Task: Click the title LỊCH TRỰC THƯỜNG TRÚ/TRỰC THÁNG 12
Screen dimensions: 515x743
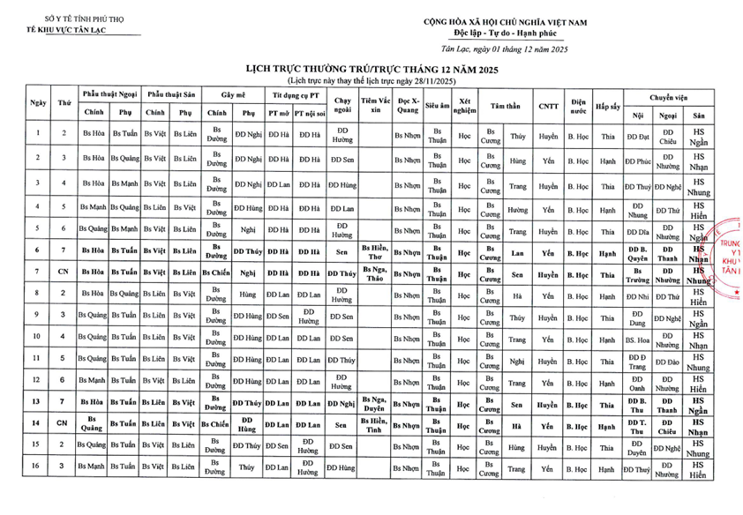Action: [x=371, y=69]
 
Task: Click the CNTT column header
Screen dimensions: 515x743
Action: [x=548, y=103]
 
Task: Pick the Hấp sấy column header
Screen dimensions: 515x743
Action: [x=607, y=104]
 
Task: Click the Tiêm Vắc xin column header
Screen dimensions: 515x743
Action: [x=375, y=104]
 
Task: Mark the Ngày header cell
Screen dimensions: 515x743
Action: [x=38, y=103]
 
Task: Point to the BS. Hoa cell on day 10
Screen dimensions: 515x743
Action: [x=638, y=338]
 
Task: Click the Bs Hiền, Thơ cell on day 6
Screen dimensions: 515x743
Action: [x=375, y=252]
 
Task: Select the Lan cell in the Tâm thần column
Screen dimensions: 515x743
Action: [x=518, y=252]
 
